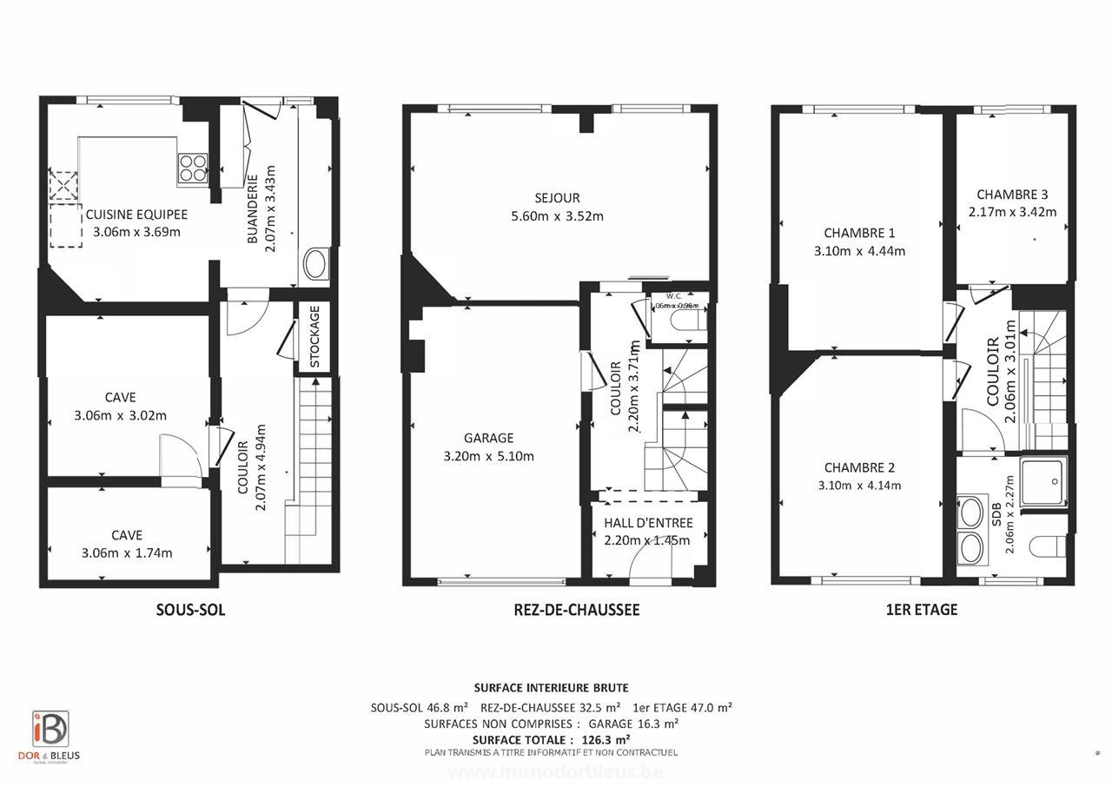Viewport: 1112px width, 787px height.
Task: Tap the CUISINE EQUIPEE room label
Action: coord(136,215)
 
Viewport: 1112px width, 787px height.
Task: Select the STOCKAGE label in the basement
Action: coord(314,335)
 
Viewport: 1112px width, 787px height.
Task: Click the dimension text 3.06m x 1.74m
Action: coord(127,552)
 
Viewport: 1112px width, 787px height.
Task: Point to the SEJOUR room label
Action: coord(558,198)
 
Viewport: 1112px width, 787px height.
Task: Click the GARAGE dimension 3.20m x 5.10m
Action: coord(488,456)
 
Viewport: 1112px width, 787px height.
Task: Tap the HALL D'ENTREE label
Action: coord(648,522)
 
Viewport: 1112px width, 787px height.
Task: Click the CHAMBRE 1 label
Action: coord(859,233)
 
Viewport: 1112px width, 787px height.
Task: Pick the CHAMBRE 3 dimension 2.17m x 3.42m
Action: coord(1012,212)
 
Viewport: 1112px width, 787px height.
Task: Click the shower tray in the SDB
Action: coord(1044,482)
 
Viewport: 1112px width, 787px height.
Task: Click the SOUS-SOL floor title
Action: coord(190,610)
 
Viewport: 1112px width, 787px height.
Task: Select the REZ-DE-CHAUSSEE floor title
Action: coord(576,610)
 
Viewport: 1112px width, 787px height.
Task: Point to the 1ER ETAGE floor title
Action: coord(922,610)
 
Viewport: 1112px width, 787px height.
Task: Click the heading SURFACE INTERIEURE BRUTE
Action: coord(551,687)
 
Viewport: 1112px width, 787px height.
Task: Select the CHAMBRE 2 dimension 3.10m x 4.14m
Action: coord(859,485)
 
